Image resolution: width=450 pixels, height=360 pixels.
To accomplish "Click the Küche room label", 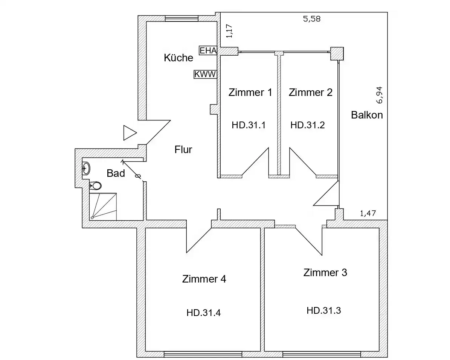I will pyautogui.click(x=178, y=58).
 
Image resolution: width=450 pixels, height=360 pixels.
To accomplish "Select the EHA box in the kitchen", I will pyautogui.click(x=208, y=50).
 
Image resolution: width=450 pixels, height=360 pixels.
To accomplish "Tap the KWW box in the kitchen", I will pyautogui.click(x=205, y=74).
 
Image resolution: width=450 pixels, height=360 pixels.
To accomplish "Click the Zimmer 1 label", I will pyautogui.click(x=250, y=93).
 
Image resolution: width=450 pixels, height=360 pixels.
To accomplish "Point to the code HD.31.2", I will pyautogui.click(x=307, y=125).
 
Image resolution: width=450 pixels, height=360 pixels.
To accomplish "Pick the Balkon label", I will pyautogui.click(x=367, y=115).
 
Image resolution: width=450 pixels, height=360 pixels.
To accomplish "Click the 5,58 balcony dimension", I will pyautogui.click(x=311, y=19).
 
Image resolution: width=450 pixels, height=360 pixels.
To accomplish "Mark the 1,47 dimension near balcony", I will pyautogui.click(x=368, y=214).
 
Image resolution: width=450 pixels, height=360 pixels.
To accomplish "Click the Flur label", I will pyautogui.click(x=183, y=150).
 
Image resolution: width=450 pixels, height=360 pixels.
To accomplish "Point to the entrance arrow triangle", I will pyautogui.click(x=129, y=133).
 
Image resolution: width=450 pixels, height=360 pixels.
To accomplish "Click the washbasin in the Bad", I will pyautogui.click(x=86, y=169).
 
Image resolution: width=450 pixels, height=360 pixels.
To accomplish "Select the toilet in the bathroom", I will pyautogui.click(x=96, y=185).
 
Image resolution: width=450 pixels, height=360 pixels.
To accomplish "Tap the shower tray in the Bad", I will pyautogui.click(x=103, y=207).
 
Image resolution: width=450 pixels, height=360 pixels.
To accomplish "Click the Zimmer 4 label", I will pyautogui.click(x=204, y=279).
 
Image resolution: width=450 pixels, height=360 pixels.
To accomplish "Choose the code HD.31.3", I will pyautogui.click(x=324, y=310).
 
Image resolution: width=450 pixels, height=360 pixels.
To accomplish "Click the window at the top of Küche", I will pyautogui.click(x=179, y=19).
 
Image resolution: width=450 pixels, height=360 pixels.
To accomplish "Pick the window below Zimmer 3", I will pyautogui.click(x=322, y=354).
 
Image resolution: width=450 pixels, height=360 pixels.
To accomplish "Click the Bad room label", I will pyautogui.click(x=116, y=173).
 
